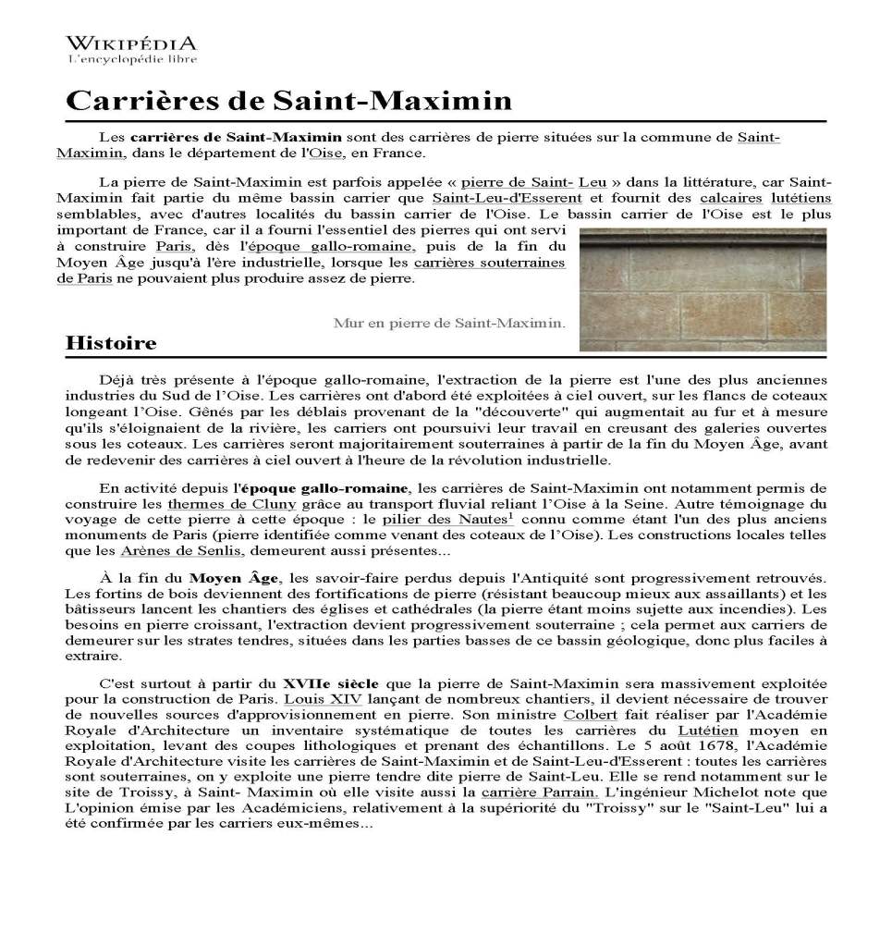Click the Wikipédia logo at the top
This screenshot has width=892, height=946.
(131, 49)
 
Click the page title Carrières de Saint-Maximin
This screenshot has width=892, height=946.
(288, 101)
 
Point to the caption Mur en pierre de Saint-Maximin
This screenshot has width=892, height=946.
(448, 323)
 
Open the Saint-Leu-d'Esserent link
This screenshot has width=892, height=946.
(507, 198)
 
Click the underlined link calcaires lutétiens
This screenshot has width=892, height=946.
(765, 198)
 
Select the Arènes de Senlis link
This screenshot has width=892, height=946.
(182, 551)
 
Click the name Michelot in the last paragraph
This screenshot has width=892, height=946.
(703, 792)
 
